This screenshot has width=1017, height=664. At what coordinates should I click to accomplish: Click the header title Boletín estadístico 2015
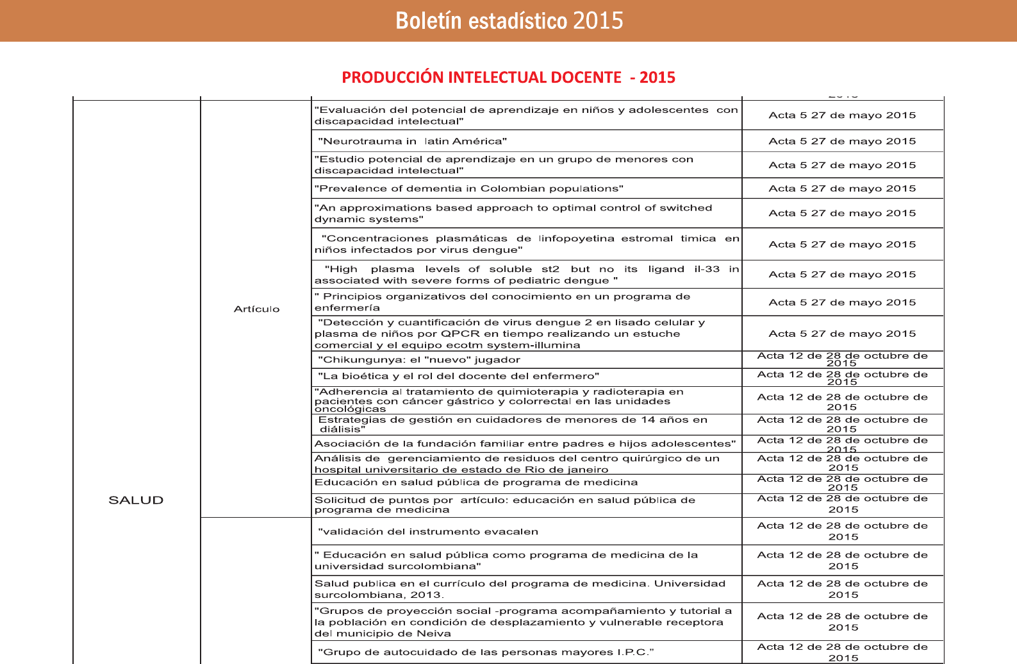click(x=509, y=21)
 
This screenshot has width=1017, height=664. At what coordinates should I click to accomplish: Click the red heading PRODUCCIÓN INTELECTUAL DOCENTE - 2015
click(x=508, y=78)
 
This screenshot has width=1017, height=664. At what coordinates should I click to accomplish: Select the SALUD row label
click(x=136, y=500)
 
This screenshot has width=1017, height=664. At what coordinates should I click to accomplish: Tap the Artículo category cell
click(x=256, y=309)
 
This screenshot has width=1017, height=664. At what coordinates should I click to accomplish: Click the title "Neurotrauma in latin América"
click(x=412, y=141)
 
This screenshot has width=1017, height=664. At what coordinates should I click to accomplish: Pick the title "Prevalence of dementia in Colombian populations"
click(x=468, y=189)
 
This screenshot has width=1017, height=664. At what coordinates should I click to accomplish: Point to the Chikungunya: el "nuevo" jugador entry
click(x=418, y=360)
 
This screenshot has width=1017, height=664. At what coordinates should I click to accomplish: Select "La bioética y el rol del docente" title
click(x=458, y=377)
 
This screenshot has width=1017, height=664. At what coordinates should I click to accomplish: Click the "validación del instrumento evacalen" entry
click(x=427, y=532)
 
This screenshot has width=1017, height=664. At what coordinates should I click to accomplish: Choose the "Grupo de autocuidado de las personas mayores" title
click(x=486, y=652)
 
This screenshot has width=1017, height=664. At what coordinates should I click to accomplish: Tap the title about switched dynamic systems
click(x=513, y=214)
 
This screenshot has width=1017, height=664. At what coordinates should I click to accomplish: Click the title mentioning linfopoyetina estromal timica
click(x=525, y=244)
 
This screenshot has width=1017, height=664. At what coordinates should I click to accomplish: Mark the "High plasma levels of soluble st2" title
click(x=525, y=275)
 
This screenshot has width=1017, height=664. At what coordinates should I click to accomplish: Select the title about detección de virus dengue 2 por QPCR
click(x=509, y=334)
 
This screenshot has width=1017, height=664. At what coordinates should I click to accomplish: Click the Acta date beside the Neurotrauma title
click(x=842, y=141)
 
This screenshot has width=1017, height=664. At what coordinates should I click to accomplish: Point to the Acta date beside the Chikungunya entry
click(x=842, y=359)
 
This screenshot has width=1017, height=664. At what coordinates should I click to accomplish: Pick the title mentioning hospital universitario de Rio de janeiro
click(x=516, y=464)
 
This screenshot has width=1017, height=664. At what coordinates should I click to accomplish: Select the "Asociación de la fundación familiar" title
click(x=525, y=444)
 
